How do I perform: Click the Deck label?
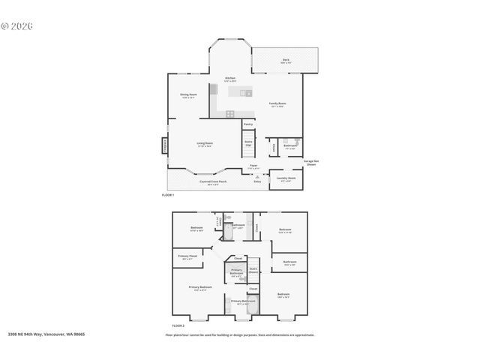click(x=286, y=61)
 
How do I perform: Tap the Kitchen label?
click(x=232, y=79)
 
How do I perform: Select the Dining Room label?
click(x=188, y=95)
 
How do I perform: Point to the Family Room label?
click(x=277, y=104)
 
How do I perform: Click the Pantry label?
click(x=247, y=124)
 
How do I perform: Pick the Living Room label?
click(x=205, y=145)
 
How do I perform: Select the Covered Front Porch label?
click(x=209, y=182)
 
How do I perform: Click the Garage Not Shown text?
click(x=311, y=163)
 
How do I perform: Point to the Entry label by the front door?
click(x=257, y=181)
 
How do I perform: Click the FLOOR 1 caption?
click(x=168, y=195)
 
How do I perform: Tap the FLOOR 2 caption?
click(x=178, y=325)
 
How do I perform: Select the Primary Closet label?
click(x=187, y=257)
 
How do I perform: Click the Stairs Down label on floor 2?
click(x=253, y=270)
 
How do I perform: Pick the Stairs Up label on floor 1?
click(x=248, y=142)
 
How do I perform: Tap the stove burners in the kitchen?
click(x=229, y=113)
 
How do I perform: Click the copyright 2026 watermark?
click(x=18, y=25)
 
